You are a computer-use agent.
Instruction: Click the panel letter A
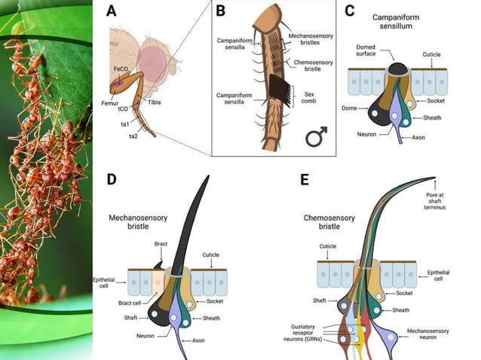click(112, 11)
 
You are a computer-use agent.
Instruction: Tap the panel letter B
click(221, 11)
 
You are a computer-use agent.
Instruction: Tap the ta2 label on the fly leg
click(131, 136)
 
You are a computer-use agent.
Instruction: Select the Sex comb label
click(308, 98)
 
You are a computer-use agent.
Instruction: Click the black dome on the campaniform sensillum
click(398, 69)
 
